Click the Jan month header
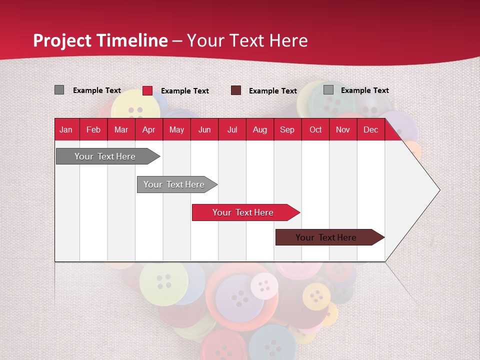(66, 129)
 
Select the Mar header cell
(121, 129)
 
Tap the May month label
(176, 129)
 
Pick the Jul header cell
(232, 129)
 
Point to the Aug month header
(259, 129)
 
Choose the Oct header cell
(315, 129)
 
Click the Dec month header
(370, 129)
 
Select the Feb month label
(93, 129)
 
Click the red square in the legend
(147, 90)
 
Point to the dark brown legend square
(236, 90)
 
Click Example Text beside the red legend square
(185, 91)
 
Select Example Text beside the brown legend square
(273, 91)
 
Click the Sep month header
(287, 129)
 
